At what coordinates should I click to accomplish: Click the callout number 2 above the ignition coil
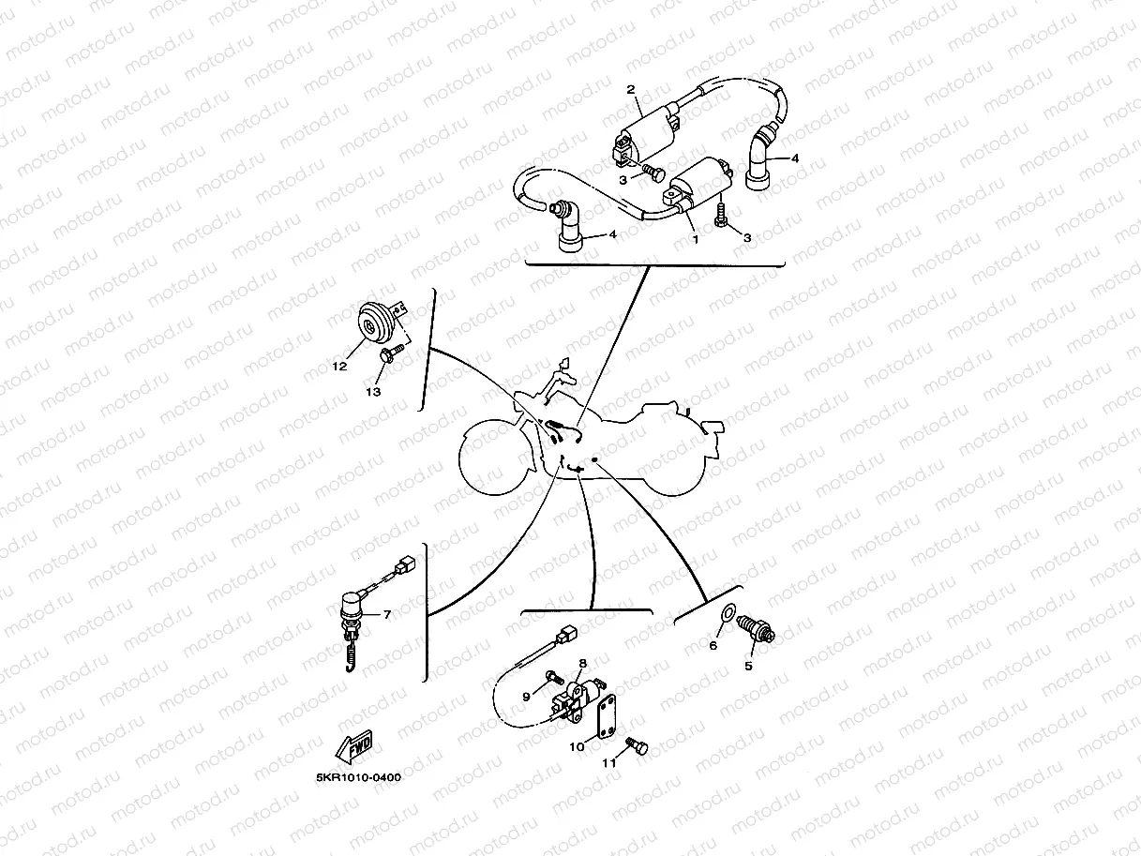point(631,90)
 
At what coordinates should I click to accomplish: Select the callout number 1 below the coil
point(695,238)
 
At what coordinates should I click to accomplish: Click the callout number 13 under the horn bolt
point(373,392)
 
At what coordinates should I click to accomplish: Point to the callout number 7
point(386,614)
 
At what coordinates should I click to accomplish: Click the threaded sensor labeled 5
point(754,628)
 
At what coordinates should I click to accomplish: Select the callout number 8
point(581,663)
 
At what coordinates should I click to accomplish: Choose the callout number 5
point(748,667)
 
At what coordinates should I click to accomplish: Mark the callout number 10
point(577,746)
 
